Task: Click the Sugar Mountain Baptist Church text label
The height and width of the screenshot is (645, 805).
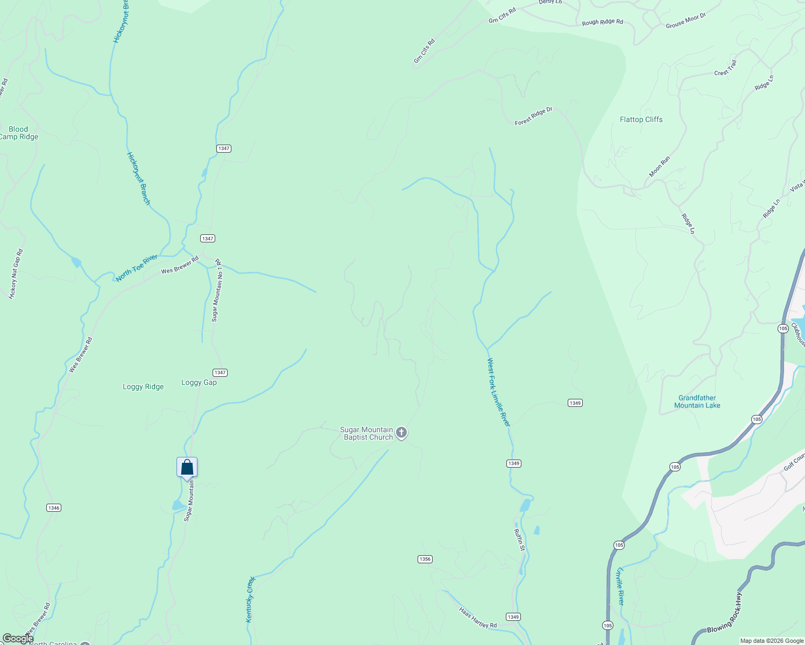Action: (366, 433)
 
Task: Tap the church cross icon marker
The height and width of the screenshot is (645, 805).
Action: (401, 433)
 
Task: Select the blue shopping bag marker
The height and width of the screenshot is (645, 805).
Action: (187, 467)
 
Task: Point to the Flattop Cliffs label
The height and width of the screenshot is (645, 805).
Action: (641, 119)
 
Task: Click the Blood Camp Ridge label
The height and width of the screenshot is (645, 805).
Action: (18, 133)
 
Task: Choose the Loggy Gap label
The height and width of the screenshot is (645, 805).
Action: (199, 383)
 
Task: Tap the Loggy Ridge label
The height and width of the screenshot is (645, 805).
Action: (143, 386)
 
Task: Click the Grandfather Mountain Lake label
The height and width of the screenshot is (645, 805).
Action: (697, 402)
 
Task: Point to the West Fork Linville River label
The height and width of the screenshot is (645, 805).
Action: (498, 392)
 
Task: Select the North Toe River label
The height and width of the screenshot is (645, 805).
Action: (137, 268)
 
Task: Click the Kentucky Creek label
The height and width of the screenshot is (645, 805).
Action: (250, 600)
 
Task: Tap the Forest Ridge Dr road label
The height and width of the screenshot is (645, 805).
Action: (533, 116)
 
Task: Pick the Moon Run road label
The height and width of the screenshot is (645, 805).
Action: (659, 167)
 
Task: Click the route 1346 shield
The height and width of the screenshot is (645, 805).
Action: (54, 508)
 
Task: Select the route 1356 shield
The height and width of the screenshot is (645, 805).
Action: (425, 559)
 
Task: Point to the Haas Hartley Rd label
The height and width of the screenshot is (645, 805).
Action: (478, 618)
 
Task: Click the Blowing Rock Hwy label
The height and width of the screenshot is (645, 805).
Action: (724, 613)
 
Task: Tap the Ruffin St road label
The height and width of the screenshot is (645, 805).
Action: (519, 540)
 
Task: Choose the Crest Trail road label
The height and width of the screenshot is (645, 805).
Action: (725, 68)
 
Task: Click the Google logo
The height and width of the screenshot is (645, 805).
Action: (17, 639)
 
